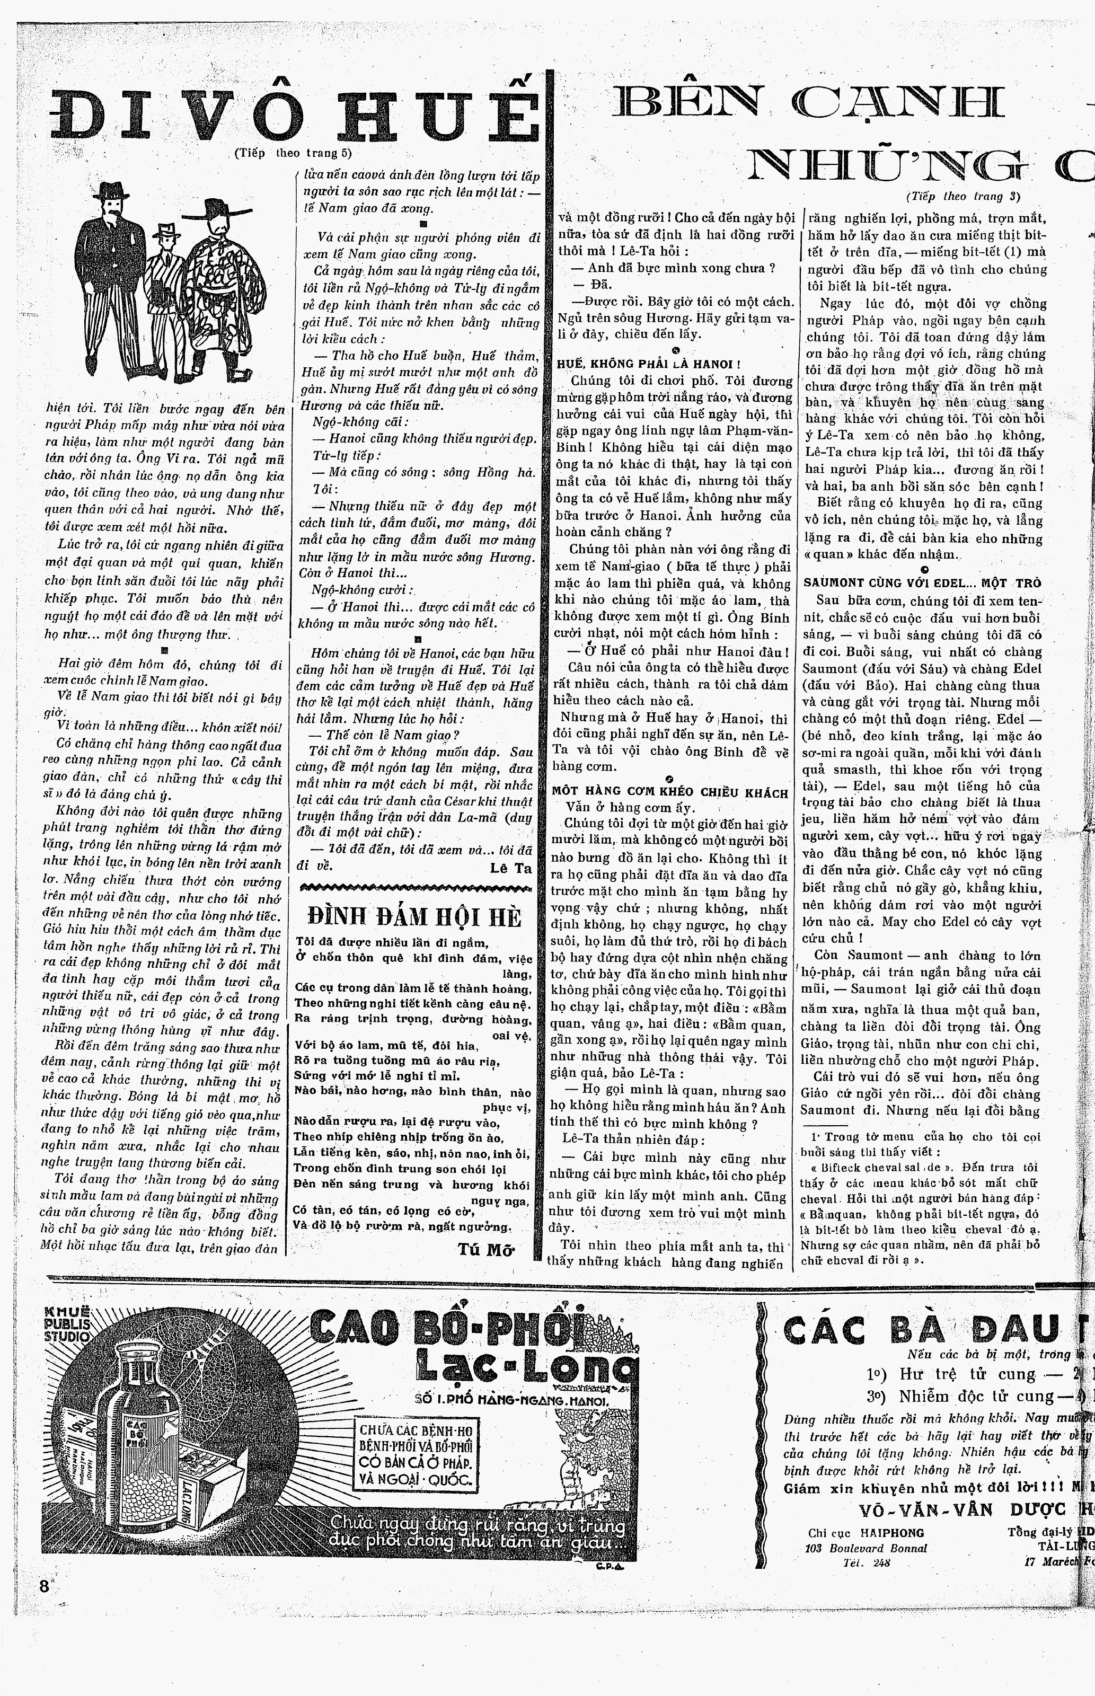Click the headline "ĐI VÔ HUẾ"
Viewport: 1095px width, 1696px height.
click(x=294, y=112)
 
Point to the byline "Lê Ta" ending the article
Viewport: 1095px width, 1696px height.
click(x=510, y=868)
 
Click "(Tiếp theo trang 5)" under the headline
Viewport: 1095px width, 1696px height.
click(x=292, y=152)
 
